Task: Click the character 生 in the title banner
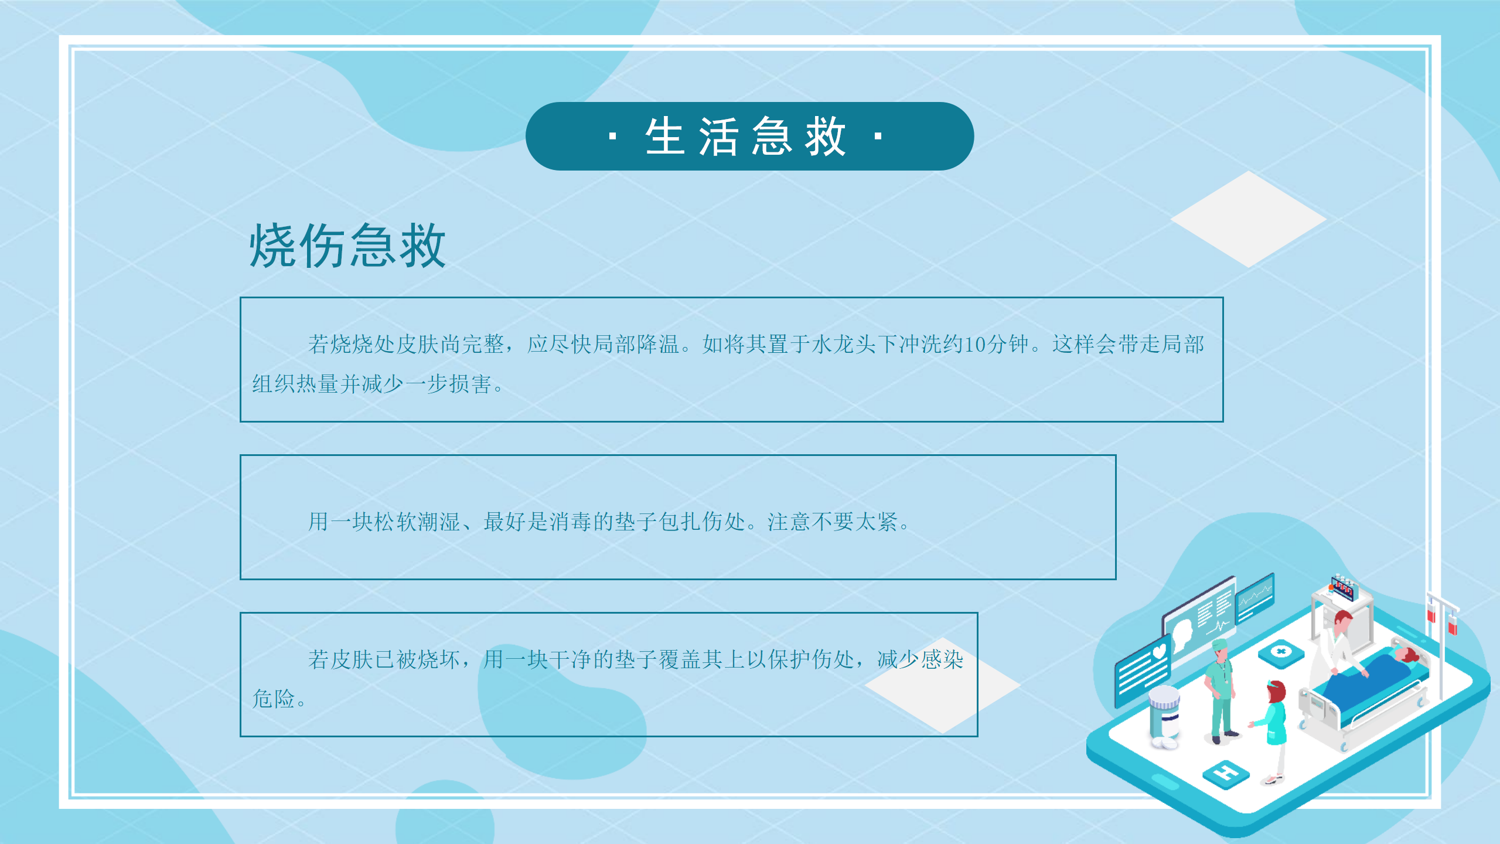coord(665,137)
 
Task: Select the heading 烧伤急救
coord(347,246)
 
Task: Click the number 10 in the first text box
coord(975,345)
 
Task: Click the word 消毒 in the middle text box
coord(571,522)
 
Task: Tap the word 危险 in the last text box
coord(274,699)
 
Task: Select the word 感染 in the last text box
coord(942,660)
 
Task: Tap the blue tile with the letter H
coord(1226,774)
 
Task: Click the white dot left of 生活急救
coord(613,137)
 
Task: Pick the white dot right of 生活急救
coord(878,137)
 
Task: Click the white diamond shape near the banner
coord(1249,219)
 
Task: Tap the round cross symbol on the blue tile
coord(1281,651)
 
